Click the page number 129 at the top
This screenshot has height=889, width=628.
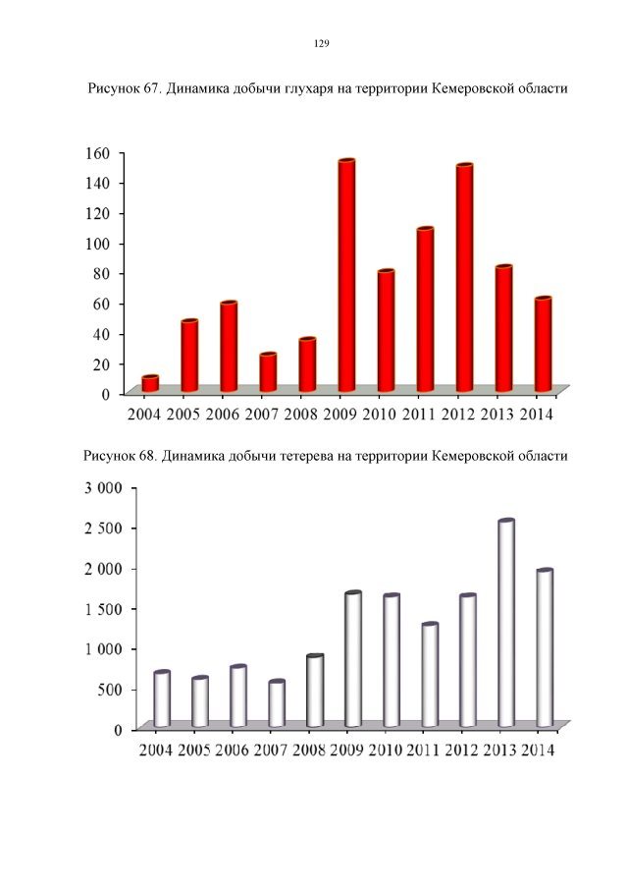click(x=320, y=44)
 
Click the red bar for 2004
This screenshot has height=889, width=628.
click(x=150, y=384)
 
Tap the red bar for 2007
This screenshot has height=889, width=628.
click(x=268, y=372)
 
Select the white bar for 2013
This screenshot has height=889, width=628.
click(x=506, y=624)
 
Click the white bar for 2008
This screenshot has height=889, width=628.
click(x=315, y=691)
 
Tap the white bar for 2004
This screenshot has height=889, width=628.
click(x=162, y=699)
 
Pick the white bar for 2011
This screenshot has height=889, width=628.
click(x=430, y=675)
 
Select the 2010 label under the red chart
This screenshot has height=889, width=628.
click(x=380, y=415)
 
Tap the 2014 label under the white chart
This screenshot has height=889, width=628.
click(x=536, y=750)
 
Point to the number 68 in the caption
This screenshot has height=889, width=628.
click(x=145, y=456)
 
